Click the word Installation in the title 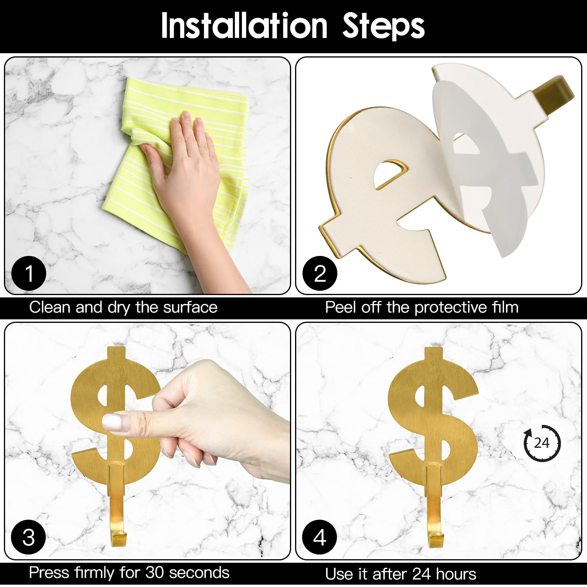[x=243, y=26]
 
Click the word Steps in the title [x=383, y=26]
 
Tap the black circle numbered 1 [x=29, y=273]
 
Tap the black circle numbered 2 [x=320, y=273]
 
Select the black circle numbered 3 [x=29, y=537]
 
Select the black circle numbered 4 [x=320, y=537]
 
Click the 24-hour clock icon [x=542, y=443]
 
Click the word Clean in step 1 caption [x=50, y=307]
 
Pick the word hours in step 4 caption [x=456, y=574]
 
